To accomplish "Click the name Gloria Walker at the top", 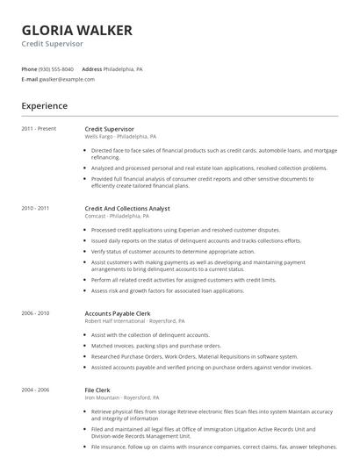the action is pyautogui.click(x=76, y=30).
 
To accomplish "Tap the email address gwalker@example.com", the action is pyautogui.click(x=66, y=78).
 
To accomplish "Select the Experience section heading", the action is pyautogui.click(x=44, y=106).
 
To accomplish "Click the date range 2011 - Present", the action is pyautogui.click(x=39, y=129).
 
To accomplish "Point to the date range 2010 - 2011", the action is pyautogui.click(x=35, y=209).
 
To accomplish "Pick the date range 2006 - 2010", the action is pyautogui.click(x=35, y=312).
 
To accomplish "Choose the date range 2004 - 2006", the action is pyautogui.click(x=35, y=388).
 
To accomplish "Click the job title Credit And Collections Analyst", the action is pyautogui.click(x=127, y=209).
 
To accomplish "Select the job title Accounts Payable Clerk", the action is pyautogui.click(x=118, y=312).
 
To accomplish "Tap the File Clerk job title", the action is pyautogui.click(x=97, y=388).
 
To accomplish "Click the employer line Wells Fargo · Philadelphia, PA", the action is pyautogui.click(x=120, y=137).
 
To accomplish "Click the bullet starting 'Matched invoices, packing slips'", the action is pyautogui.click(x=153, y=345).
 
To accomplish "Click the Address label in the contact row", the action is pyautogui.click(x=91, y=68).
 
